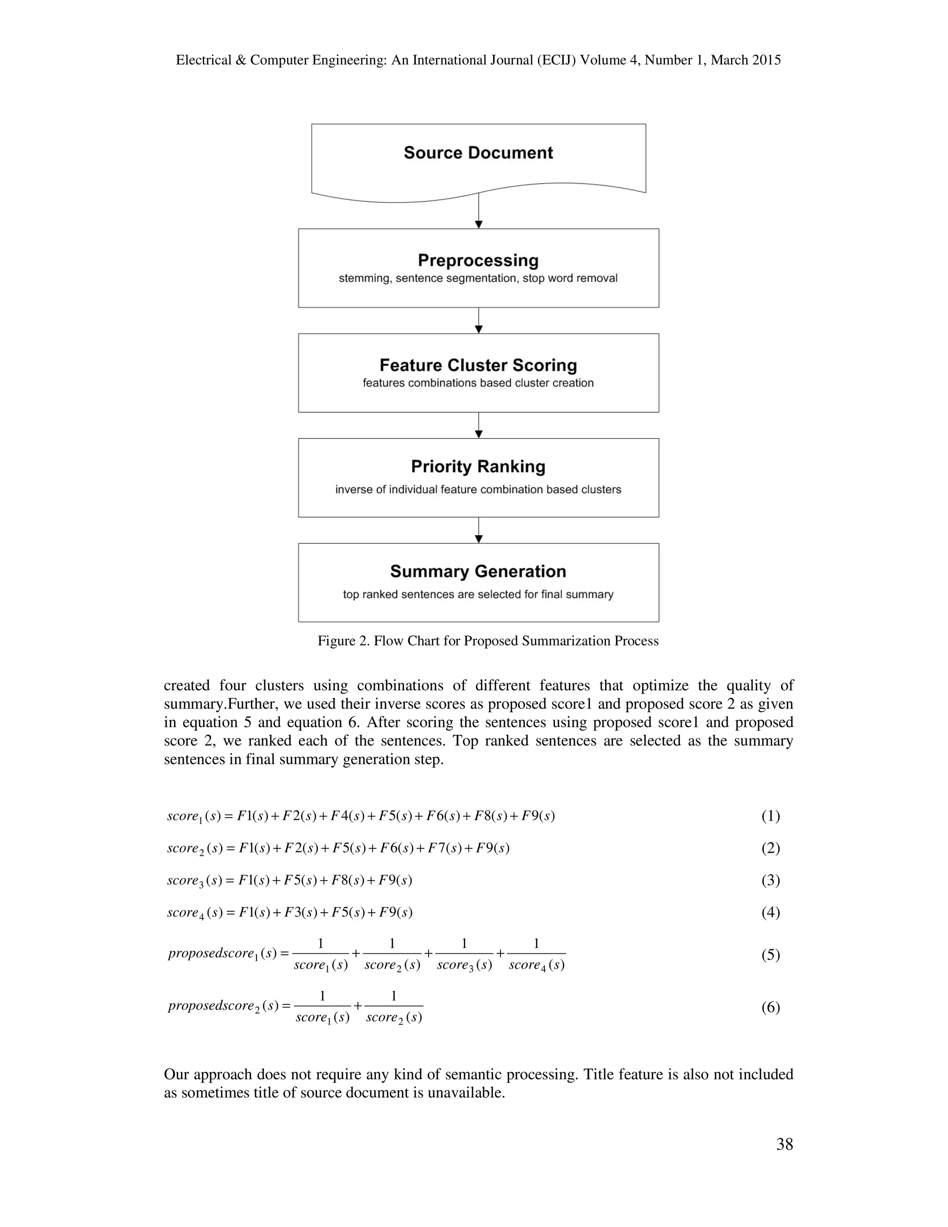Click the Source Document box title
(x=478, y=153)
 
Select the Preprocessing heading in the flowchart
(x=478, y=260)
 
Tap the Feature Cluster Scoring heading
(x=478, y=365)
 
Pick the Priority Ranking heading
(x=478, y=466)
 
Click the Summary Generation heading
(x=478, y=571)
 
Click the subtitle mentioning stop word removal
(x=478, y=278)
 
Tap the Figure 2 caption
(x=487, y=640)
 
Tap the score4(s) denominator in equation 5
(x=536, y=966)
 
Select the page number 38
(x=784, y=1145)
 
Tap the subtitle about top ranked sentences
(x=478, y=595)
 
